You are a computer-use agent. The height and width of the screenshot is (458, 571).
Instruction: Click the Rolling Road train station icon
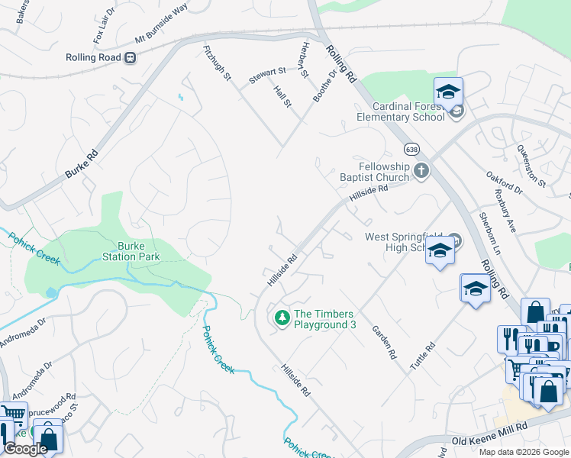(131, 57)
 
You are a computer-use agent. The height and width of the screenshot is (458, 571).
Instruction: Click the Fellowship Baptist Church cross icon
(422, 171)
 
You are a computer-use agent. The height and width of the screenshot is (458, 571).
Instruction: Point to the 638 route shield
(411, 148)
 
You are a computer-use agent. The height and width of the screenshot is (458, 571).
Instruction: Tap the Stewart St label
(267, 75)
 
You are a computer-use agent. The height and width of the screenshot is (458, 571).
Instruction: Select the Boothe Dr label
(324, 85)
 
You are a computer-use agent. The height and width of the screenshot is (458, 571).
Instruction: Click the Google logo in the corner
(25, 449)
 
